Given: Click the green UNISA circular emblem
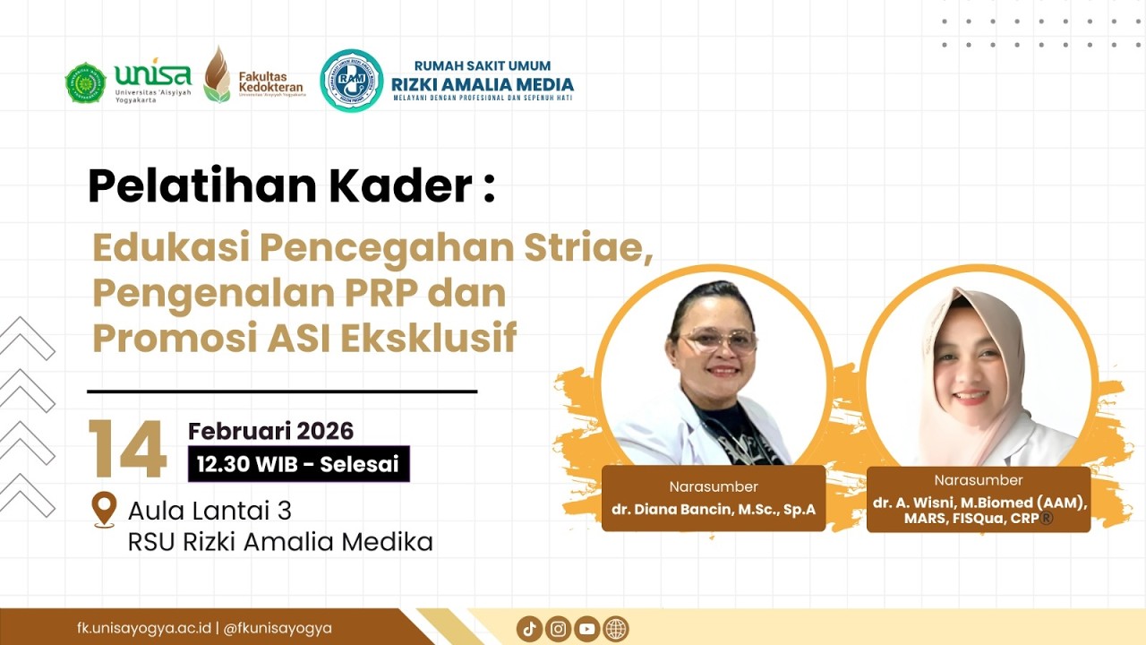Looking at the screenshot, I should tap(85, 82).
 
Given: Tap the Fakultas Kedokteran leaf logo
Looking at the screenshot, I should tap(217, 75).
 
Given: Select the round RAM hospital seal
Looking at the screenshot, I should tap(352, 81).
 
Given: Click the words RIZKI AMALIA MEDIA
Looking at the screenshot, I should tap(483, 85).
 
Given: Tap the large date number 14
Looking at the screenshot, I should tap(127, 449).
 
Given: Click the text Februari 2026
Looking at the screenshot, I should tap(270, 431).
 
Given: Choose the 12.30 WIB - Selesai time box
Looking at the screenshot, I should tap(298, 464).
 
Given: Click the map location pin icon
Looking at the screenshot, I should tap(104, 509).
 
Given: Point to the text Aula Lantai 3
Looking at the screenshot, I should tap(210, 511).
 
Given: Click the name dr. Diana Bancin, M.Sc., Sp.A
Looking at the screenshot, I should tap(713, 510).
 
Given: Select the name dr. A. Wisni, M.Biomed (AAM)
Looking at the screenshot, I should tap(979, 503).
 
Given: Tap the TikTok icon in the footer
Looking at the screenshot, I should tap(529, 629).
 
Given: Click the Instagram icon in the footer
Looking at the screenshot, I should tap(558, 629).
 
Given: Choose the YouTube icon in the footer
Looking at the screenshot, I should tap(586, 629).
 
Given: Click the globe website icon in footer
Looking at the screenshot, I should tap(616, 629).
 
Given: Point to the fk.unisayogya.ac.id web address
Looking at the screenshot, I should tap(144, 628).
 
